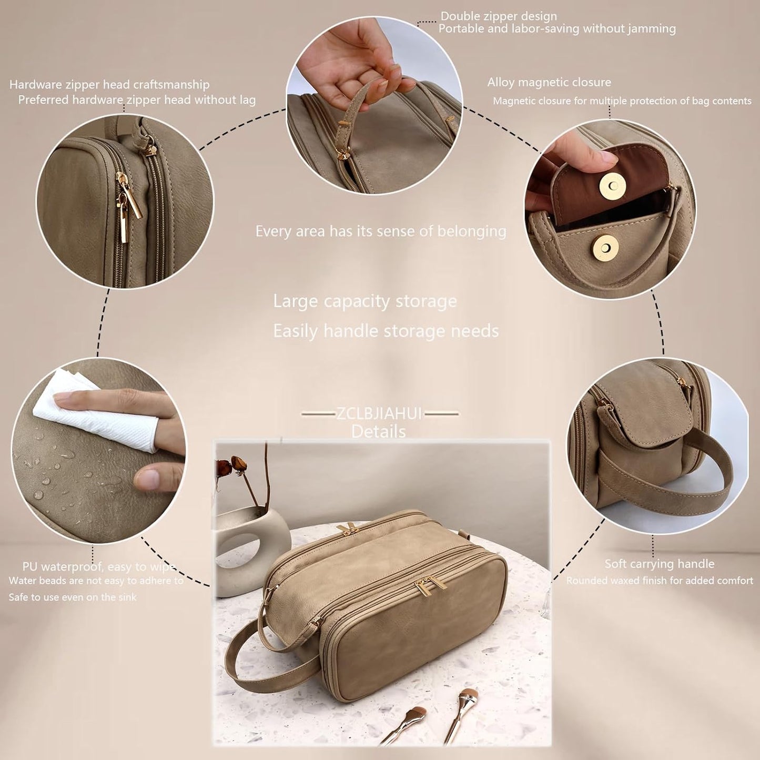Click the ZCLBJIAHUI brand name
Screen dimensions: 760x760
379,414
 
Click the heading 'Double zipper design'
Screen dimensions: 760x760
498,16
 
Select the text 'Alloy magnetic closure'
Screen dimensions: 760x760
549,82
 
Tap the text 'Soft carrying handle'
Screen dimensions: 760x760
659,564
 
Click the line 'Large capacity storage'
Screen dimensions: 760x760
364,301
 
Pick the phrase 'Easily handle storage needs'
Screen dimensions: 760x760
386,331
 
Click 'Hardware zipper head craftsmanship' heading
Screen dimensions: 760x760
109,85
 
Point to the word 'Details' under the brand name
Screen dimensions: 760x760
379,432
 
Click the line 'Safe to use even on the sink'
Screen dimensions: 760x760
73,597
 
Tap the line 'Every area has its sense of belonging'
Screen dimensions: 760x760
381,231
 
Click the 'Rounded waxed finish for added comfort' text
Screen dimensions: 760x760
660,581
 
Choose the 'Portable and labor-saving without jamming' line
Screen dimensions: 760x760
557,29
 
